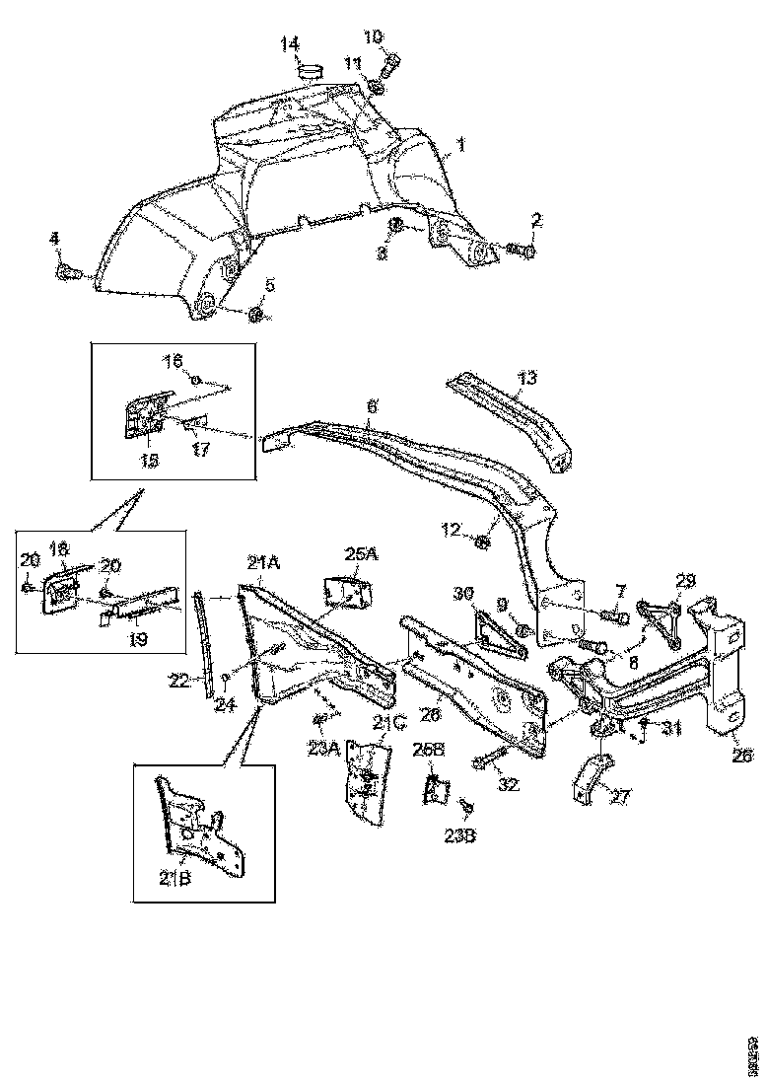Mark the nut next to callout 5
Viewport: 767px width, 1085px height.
[x=256, y=315]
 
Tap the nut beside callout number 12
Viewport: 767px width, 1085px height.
[x=484, y=541]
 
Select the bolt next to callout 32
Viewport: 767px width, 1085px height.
[x=489, y=760]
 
